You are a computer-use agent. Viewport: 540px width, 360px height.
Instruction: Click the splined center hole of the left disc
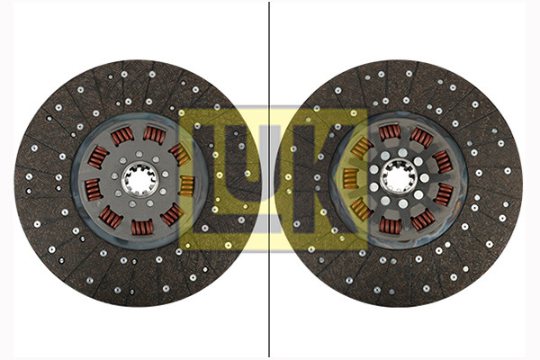click(139, 179)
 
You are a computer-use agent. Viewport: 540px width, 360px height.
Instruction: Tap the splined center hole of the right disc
click(399, 177)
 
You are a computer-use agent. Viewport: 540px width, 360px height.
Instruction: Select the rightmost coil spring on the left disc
click(187, 186)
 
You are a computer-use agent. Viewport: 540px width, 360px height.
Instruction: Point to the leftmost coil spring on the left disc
click(94, 190)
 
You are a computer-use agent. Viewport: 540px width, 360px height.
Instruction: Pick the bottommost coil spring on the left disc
click(142, 228)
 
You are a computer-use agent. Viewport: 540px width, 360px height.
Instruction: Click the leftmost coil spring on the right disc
click(351, 179)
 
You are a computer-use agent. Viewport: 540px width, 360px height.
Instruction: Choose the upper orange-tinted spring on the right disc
click(361, 148)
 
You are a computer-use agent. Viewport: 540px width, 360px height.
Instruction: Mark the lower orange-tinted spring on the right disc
click(362, 209)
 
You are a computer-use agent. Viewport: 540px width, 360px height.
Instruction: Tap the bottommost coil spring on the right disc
click(391, 226)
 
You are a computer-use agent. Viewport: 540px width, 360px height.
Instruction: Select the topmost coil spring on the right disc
click(390, 132)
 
